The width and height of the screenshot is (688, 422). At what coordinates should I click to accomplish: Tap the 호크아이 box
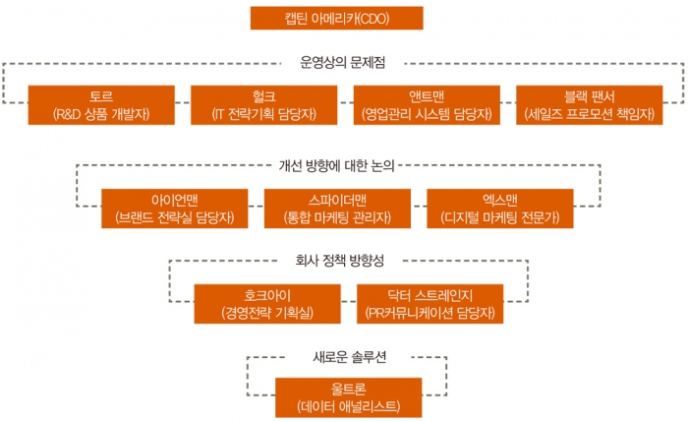(x=264, y=303)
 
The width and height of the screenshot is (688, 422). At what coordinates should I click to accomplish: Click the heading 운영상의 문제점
(x=342, y=61)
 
